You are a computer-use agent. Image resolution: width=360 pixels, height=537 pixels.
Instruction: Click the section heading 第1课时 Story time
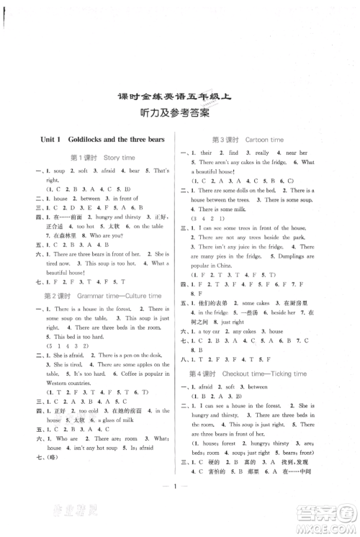point(102,158)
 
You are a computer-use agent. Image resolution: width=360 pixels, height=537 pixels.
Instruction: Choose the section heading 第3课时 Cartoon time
point(258,139)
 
